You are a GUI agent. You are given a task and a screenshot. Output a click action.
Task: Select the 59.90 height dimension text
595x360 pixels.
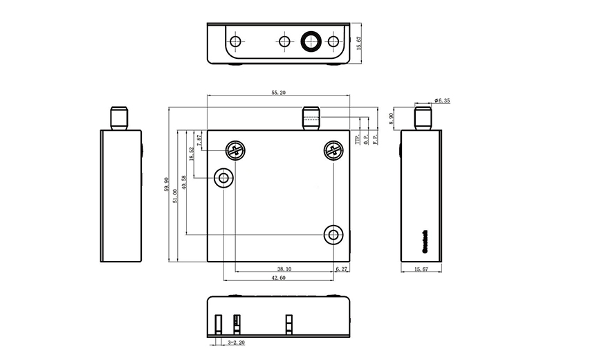(166, 186)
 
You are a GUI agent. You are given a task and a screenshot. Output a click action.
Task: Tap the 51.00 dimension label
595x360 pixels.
(175, 196)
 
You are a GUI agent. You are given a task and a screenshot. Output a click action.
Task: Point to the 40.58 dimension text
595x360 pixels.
(184, 182)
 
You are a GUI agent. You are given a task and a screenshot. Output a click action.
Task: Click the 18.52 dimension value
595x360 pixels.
(192, 154)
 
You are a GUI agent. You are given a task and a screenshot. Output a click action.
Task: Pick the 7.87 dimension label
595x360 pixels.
(200, 141)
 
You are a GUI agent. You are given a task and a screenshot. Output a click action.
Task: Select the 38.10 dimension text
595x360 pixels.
(284, 269)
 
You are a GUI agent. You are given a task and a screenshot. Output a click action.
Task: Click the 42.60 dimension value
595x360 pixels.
(278, 278)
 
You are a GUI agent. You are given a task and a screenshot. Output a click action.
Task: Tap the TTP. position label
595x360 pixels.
(358, 139)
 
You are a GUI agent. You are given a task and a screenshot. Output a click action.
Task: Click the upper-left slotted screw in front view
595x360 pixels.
(235, 150)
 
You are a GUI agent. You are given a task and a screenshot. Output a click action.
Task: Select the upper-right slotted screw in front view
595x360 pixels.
(333, 150)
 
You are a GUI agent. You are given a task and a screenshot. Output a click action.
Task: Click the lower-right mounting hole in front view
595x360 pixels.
(334, 235)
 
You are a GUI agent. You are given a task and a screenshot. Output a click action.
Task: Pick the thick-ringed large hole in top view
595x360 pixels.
(309, 42)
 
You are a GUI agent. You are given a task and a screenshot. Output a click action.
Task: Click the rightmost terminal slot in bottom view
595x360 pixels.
(289, 324)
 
